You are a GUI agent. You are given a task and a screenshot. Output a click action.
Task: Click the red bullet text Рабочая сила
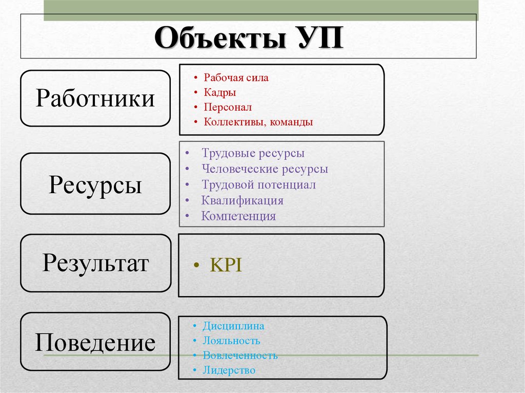coord(236,78)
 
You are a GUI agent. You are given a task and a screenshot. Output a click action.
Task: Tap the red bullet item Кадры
coord(220,92)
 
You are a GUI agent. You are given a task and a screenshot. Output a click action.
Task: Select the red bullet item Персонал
coord(228,107)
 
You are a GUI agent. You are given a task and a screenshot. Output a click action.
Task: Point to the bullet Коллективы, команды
coord(258,122)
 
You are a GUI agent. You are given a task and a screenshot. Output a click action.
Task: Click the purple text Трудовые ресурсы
coord(253,153)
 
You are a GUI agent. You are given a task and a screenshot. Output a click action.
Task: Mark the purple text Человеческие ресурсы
coord(265,169)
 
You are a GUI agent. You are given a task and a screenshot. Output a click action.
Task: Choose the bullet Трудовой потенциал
coord(258,184)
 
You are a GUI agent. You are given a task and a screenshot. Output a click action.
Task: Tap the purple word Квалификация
coord(243,200)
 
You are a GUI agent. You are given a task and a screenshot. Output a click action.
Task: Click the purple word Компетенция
coord(238,216)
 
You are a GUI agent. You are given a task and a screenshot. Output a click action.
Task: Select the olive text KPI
coord(226,265)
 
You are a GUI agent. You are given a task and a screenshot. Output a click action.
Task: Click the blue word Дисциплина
coord(233,326)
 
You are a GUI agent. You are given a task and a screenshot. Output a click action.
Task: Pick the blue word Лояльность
coord(231,341)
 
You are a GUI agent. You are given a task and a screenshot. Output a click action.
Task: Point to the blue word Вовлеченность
coord(240,356)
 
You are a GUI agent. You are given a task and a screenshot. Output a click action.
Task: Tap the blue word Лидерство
coord(229,370)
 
